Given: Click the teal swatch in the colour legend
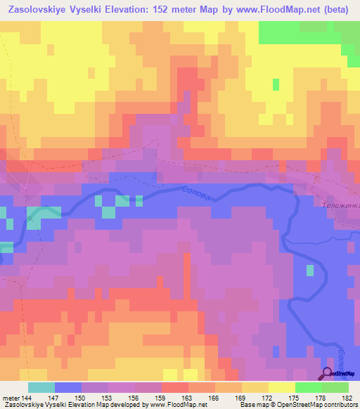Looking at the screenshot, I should pos(41,387).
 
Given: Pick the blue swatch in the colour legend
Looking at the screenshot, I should pos(67,387).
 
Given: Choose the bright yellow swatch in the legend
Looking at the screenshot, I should pos(281,387).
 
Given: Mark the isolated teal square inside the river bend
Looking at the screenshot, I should pos(310,271).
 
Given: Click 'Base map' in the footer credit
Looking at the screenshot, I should pos(251,404).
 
